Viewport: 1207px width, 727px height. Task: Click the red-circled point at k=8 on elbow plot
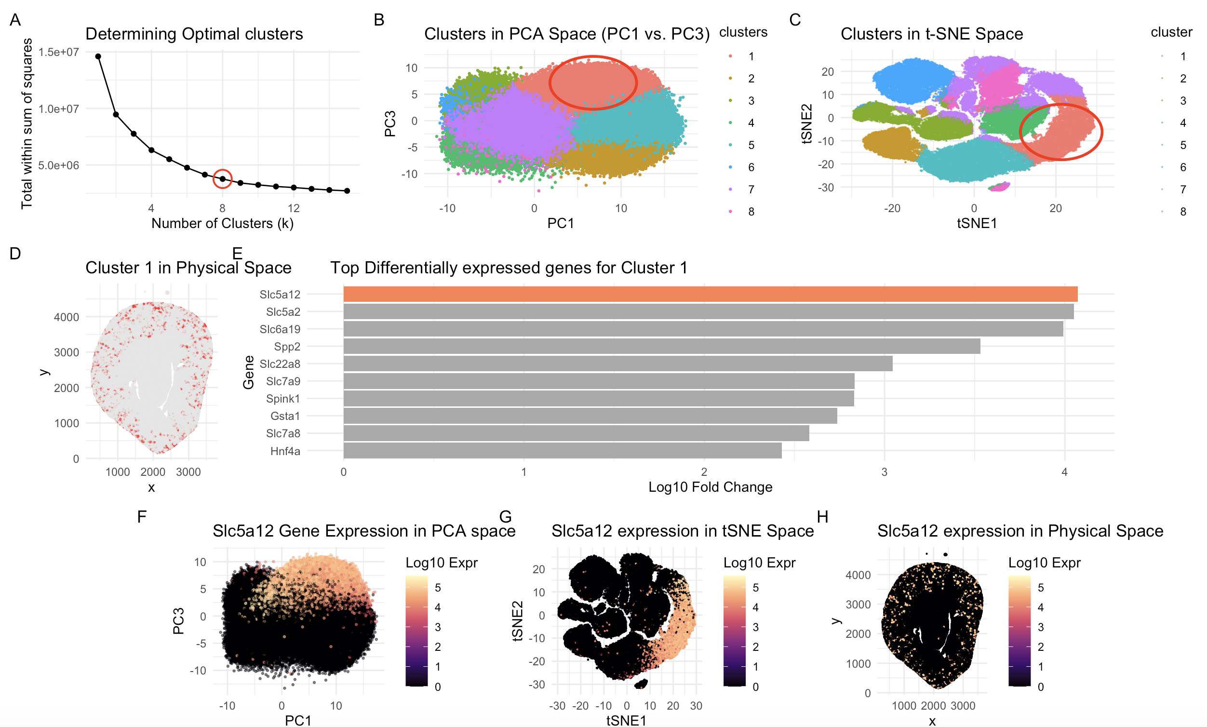(222, 179)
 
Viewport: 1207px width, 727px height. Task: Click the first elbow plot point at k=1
(98, 56)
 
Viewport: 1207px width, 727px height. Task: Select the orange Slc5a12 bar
(711, 295)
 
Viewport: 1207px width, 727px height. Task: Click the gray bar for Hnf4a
(563, 451)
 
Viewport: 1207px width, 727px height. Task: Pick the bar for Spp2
(661, 347)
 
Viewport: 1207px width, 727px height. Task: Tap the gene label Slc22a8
(280, 364)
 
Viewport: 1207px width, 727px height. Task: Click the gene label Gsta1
(285, 417)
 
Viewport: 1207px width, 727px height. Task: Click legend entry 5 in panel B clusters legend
(751, 146)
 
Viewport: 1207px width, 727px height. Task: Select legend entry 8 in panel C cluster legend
(1182, 212)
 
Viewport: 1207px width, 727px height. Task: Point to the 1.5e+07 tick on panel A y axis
(58, 53)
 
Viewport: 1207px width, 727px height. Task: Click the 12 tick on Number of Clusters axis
(294, 208)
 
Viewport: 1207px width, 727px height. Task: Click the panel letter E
(237, 254)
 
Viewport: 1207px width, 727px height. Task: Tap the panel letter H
(822, 517)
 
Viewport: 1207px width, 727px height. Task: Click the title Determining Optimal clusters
(194, 34)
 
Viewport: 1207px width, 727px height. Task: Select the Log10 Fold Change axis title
(710, 487)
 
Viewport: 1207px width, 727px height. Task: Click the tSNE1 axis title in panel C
(977, 224)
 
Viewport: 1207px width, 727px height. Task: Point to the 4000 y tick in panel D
(66, 317)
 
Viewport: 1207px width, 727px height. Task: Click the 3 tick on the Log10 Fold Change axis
(884, 472)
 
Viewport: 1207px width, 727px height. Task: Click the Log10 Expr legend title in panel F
(442, 563)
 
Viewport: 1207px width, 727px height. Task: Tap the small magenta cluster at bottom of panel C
(999, 187)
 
